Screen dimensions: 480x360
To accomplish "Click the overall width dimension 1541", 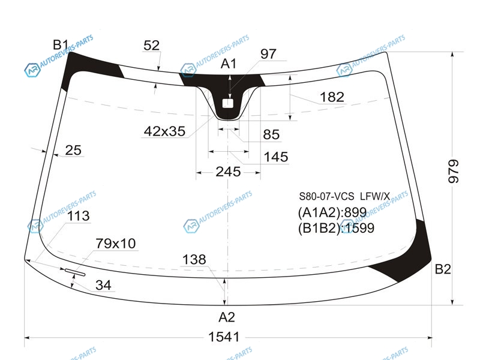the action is click(224, 337).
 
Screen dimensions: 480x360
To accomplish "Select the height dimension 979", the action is click(454, 172).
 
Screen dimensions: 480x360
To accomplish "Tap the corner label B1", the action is click(61, 44).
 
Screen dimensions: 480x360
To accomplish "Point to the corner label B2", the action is click(443, 269).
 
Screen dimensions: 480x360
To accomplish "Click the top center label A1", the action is click(229, 64).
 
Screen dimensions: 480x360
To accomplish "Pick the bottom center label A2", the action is click(227, 317).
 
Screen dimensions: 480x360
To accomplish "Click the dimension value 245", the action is click(228, 172).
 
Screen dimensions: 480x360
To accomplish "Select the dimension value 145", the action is click(276, 157).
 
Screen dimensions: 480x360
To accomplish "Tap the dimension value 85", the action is click(271, 134).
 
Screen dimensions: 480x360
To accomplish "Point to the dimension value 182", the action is click(332, 97).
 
